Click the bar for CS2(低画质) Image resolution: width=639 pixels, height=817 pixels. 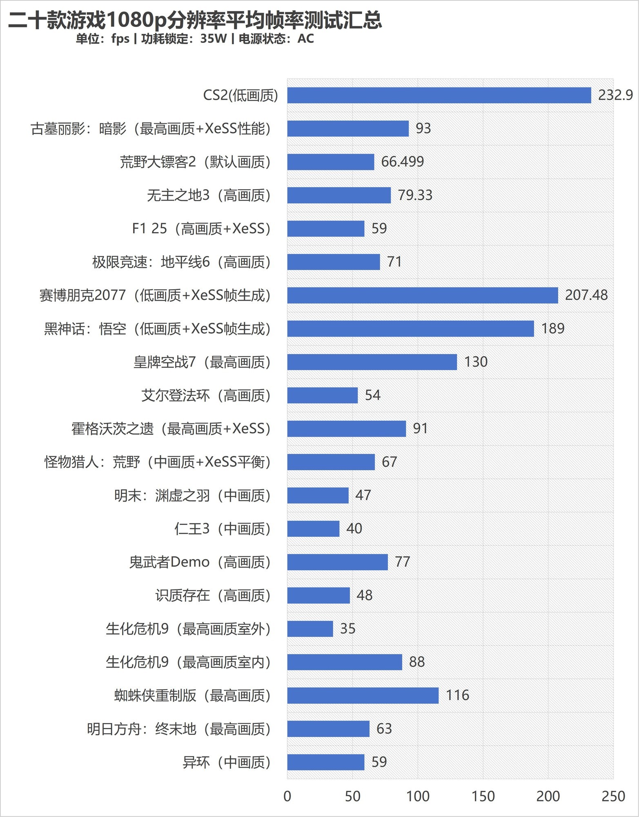[x=439, y=95]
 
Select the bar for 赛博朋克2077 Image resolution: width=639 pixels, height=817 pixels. [x=423, y=295]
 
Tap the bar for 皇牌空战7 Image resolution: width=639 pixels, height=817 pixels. [x=372, y=362]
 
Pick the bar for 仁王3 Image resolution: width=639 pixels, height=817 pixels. [x=313, y=529]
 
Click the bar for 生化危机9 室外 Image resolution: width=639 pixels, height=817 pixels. [x=310, y=629]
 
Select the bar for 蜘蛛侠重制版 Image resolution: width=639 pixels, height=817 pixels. [x=363, y=696]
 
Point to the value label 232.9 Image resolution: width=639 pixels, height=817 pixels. [x=615, y=95]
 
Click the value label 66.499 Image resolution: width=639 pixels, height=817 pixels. [x=403, y=162]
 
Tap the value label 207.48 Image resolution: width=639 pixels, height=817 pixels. [x=586, y=295]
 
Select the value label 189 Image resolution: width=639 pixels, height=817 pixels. [x=553, y=328]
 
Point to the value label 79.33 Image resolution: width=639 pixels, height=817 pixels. [x=415, y=195]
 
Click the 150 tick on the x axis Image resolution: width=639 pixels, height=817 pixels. [x=483, y=796]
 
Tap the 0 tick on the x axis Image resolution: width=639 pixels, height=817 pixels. [x=287, y=796]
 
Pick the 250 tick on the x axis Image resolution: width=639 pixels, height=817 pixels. [x=613, y=796]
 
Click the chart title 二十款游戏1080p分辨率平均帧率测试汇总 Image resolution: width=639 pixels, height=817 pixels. [x=195, y=20]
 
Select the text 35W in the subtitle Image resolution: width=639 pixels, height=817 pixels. [x=213, y=39]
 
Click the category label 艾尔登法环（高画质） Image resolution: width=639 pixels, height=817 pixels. [x=206, y=395]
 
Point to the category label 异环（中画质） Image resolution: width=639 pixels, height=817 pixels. [x=227, y=762]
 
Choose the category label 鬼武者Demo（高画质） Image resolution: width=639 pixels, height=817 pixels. [x=200, y=562]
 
